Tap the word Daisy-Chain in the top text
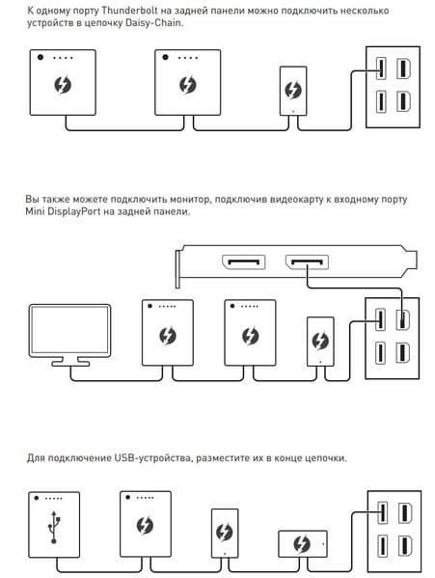point(153,23)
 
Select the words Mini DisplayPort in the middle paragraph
point(63,211)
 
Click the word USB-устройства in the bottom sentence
point(152,458)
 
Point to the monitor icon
point(69,335)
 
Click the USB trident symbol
point(54,527)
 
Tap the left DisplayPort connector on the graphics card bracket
point(243,262)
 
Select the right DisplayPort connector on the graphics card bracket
point(307,262)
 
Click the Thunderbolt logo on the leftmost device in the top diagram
point(63,85)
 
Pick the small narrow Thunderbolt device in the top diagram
point(293,91)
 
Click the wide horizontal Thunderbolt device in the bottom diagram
point(303,543)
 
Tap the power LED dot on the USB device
point(37,498)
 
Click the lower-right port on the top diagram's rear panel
point(403,101)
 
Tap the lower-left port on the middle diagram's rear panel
point(380,353)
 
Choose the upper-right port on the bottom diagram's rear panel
point(405,512)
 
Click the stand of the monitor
point(70,361)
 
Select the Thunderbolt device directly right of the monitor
point(168,333)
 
